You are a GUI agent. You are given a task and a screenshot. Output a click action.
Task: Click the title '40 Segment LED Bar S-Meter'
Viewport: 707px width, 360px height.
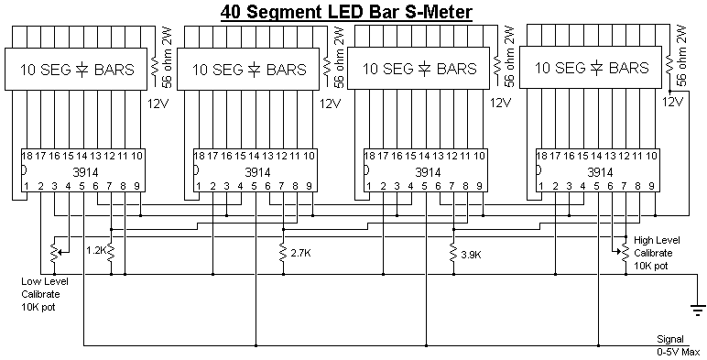pos(346,12)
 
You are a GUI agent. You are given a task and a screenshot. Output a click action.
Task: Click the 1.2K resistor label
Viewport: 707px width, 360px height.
pos(95,250)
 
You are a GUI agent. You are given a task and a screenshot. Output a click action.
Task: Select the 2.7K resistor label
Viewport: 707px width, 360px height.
pos(300,253)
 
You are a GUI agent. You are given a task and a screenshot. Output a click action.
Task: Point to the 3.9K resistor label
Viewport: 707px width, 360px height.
pos(472,255)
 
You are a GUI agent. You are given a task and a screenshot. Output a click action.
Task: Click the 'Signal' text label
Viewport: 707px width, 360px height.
pos(670,339)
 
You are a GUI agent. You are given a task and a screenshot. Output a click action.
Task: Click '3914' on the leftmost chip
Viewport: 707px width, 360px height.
pos(85,172)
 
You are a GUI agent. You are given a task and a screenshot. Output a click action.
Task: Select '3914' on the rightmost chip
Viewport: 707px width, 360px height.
pos(600,172)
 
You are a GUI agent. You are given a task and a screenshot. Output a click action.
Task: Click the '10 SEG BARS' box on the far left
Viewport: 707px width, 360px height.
pos(76,69)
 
